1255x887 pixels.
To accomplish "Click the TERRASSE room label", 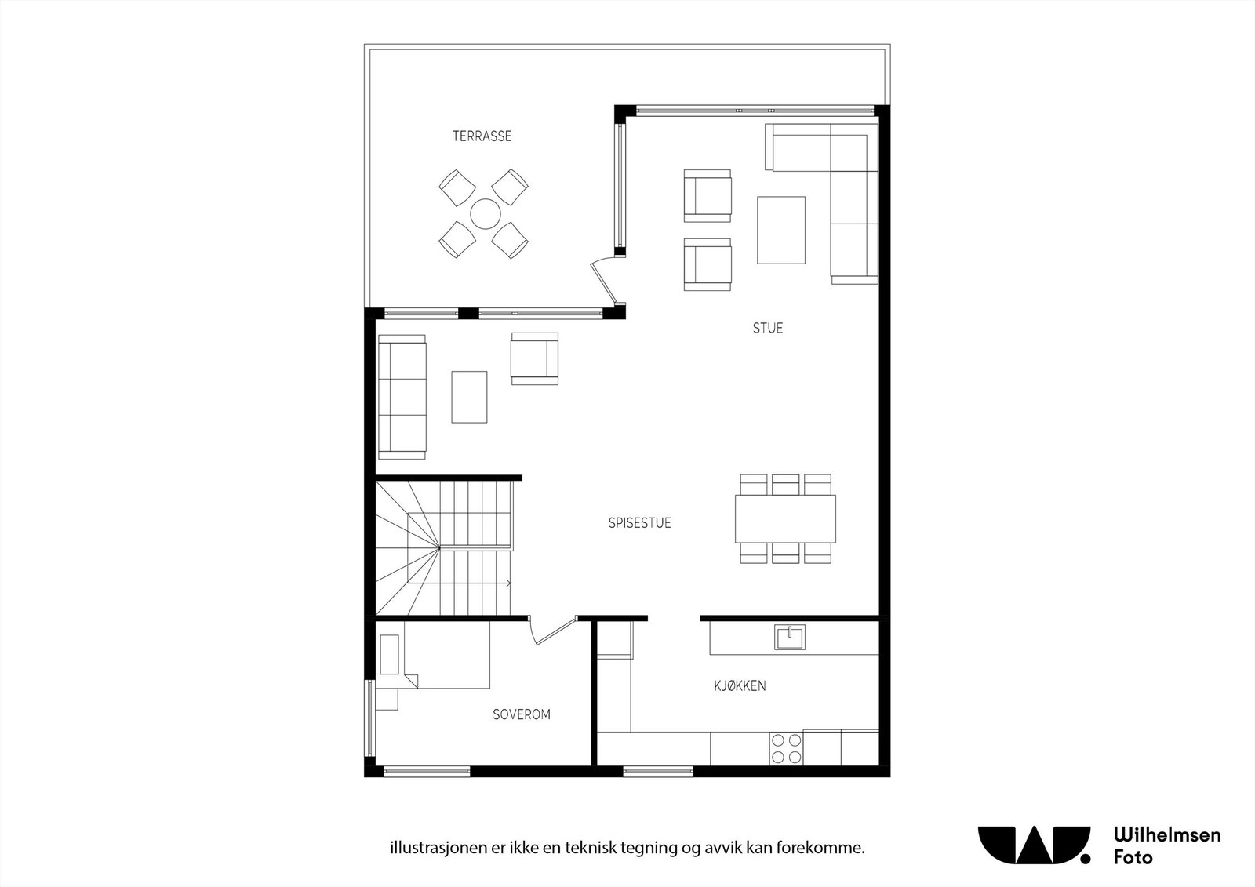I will tap(482, 136).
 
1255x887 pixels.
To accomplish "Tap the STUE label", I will tap(768, 329).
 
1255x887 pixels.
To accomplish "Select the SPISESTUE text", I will tap(639, 523).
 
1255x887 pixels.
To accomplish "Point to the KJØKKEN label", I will tap(740, 686).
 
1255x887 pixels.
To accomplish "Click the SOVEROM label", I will tap(521, 714).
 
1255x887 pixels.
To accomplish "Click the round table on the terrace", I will tap(485, 213).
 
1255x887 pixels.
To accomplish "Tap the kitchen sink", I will tap(789, 637).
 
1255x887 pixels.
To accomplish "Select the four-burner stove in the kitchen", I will tap(786, 748).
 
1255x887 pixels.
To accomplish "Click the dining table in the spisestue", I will tap(785, 518).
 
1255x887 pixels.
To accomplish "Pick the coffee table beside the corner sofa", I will tap(780, 230).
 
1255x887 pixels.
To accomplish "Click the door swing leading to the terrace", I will tap(605, 283).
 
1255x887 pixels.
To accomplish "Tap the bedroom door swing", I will tap(550, 632).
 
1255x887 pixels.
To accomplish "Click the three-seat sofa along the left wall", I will tap(402, 396).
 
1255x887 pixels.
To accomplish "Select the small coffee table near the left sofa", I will tap(469, 397).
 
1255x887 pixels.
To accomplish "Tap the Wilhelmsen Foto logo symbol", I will tap(1034, 845).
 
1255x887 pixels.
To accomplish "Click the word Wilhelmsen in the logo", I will tap(1166, 834).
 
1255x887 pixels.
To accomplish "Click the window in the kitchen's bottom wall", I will tap(657, 772).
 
